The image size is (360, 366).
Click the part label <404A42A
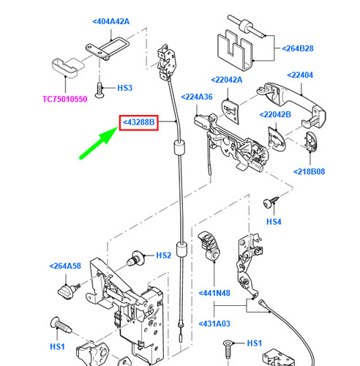(x=111, y=21)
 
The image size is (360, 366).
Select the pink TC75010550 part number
(x=65, y=99)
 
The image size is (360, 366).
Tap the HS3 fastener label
(x=124, y=88)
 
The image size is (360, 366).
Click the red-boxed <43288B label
(x=139, y=122)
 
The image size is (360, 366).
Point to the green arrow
(x=99, y=143)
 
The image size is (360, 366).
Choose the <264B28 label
(x=298, y=48)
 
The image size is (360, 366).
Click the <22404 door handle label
(x=300, y=75)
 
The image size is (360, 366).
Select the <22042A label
(x=227, y=80)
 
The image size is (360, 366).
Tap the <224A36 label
(x=197, y=97)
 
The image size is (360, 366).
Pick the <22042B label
(x=275, y=114)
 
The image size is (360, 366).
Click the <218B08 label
(x=309, y=171)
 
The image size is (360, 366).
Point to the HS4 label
(x=274, y=222)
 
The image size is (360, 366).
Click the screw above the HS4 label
(x=271, y=202)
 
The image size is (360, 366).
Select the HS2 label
(x=163, y=255)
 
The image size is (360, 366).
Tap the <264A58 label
(x=65, y=266)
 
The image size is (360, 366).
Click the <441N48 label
(x=214, y=293)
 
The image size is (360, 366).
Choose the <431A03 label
(x=214, y=324)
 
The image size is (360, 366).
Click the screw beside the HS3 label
(x=100, y=90)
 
